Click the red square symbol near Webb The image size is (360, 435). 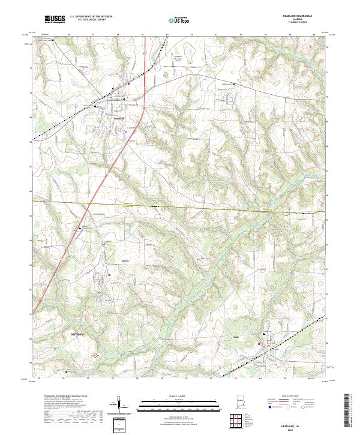(259, 343)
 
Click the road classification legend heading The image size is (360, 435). (290, 397)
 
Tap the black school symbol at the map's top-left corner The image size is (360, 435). (52, 40)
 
